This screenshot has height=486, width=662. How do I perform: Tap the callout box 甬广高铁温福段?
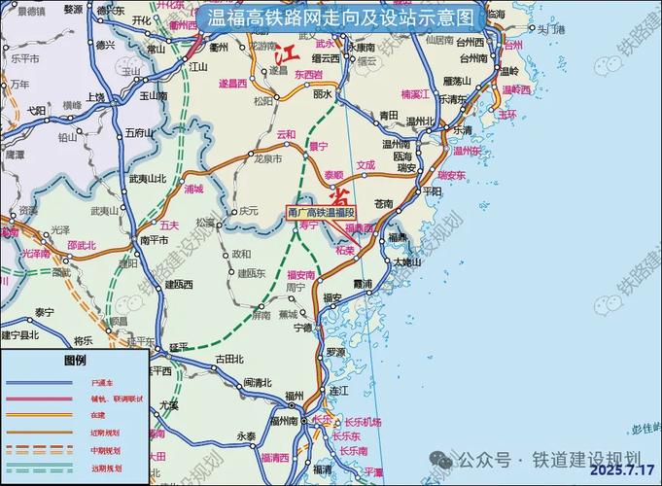click(322, 211)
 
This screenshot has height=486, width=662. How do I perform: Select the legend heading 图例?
click(76, 361)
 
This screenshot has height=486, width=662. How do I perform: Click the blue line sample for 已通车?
click(39, 384)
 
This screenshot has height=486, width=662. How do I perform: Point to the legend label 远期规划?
click(105, 468)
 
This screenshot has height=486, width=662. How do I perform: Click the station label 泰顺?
click(333, 176)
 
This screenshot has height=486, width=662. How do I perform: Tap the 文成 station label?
click(365, 165)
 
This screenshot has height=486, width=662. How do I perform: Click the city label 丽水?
click(324, 94)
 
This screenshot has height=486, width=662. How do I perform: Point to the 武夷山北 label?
click(148, 178)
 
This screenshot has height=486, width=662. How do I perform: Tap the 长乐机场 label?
click(363, 423)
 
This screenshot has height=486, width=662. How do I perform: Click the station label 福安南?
click(301, 275)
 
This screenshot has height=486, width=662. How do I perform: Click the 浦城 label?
click(193, 191)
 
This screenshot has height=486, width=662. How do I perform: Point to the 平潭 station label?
click(374, 472)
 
